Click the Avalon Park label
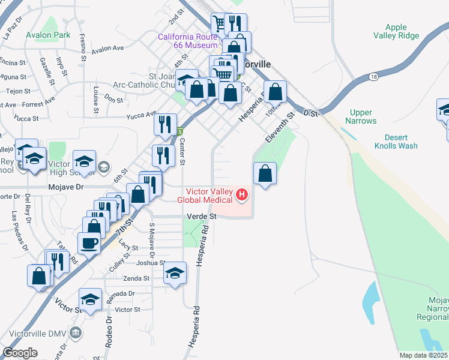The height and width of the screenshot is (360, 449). pos(48,35)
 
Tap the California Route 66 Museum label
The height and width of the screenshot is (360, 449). pos(187,41)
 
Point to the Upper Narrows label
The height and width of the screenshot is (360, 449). pos(361,116)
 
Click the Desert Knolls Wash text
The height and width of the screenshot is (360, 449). pos(396,141)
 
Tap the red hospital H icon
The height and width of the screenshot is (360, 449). pos(242,194)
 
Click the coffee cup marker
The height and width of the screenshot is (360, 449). pos(89,243)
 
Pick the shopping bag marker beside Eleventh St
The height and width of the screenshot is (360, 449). pos(265,174)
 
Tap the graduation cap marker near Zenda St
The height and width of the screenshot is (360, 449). pos(175,274)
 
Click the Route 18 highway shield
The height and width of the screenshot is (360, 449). pos(374,77)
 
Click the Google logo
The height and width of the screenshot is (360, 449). pos(20,353)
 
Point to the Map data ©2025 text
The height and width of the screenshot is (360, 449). pos(423,355)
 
